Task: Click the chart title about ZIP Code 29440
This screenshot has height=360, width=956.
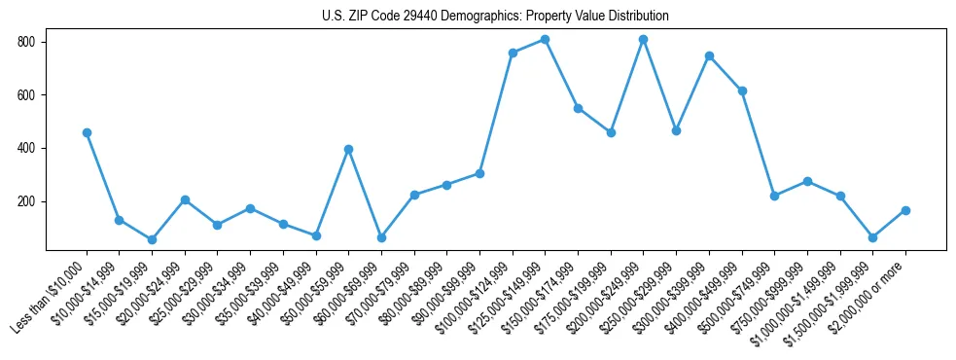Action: [x=495, y=17]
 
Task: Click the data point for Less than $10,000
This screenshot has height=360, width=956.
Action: [x=87, y=132]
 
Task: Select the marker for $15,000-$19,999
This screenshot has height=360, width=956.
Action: [x=152, y=239]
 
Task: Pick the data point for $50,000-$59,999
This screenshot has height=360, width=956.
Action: [x=348, y=149]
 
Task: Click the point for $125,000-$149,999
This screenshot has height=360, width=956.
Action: [x=545, y=39]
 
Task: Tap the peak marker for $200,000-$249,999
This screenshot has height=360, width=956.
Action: [x=643, y=39]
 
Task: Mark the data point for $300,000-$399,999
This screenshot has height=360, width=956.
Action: [x=709, y=55]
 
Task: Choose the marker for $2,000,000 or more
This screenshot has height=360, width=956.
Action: [x=905, y=210]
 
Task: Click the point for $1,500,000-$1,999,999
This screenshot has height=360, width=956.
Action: [x=872, y=237]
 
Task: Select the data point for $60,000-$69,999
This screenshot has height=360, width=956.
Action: [x=381, y=237]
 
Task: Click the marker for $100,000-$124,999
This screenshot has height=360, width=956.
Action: [x=513, y=53]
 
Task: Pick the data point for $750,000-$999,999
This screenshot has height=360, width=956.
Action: [x=807, y=181]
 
